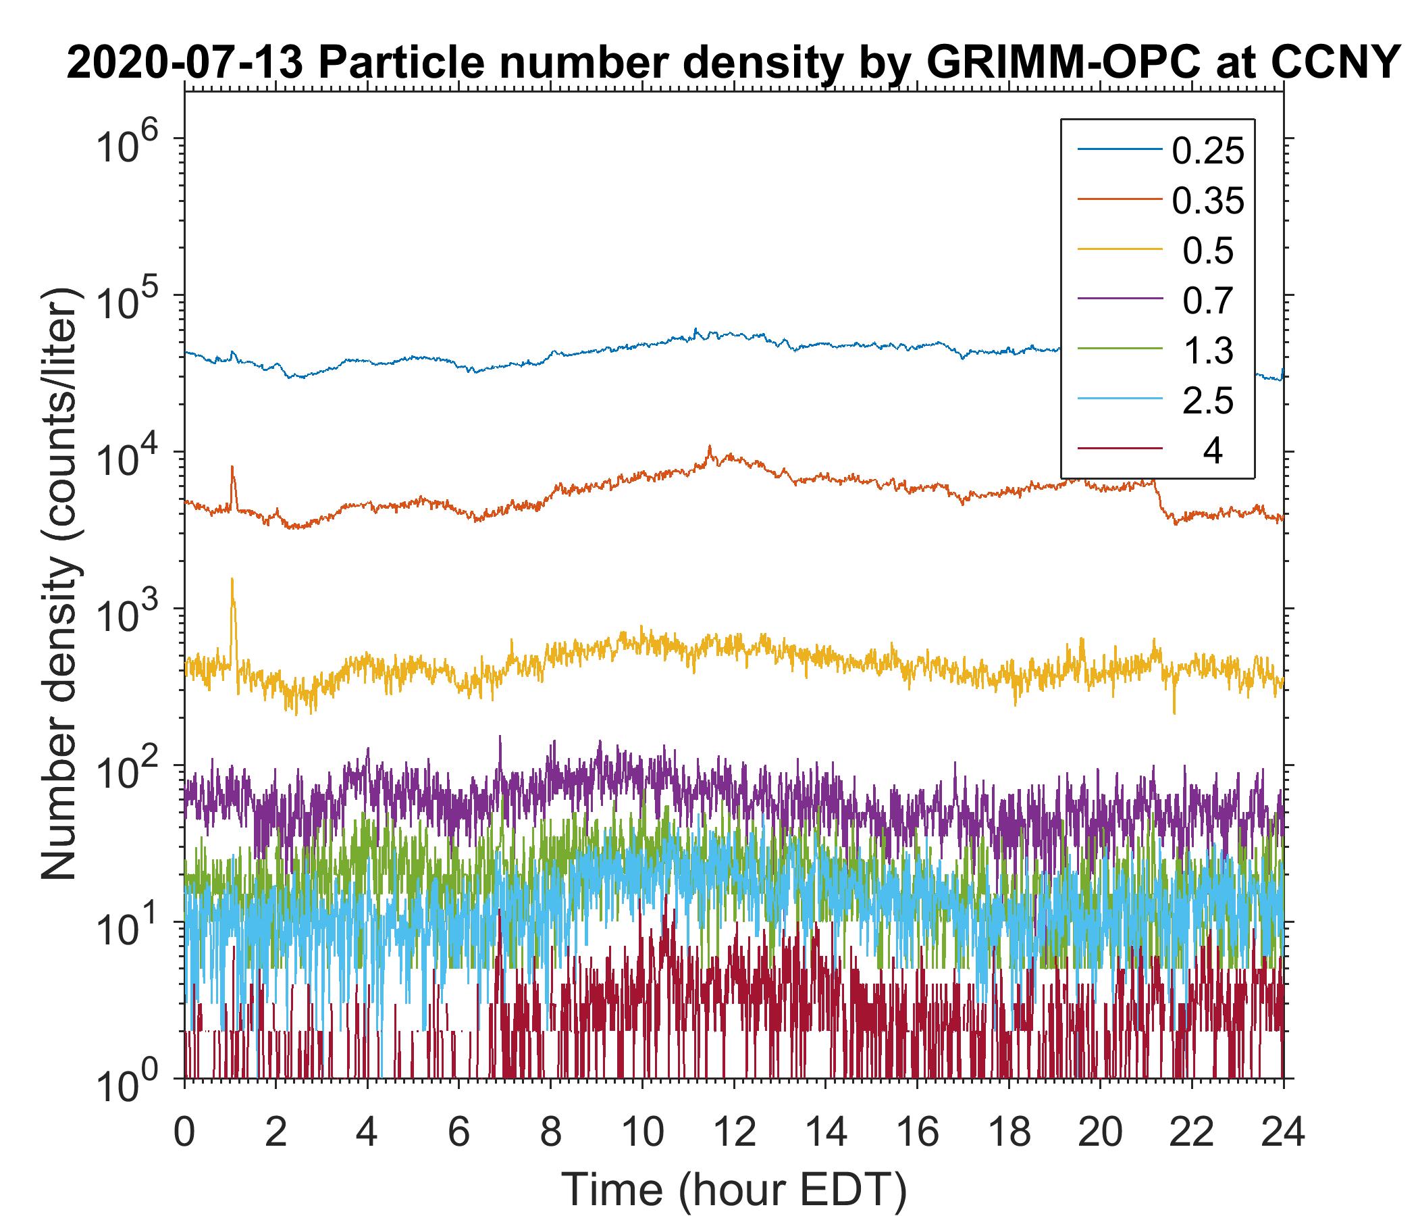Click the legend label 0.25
(x=1208, y=151)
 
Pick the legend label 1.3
(x=1208, y=351)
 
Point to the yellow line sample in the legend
(x=1120, y=251)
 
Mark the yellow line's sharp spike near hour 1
(x=232, y=580)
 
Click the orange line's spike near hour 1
(x=232, y=468)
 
